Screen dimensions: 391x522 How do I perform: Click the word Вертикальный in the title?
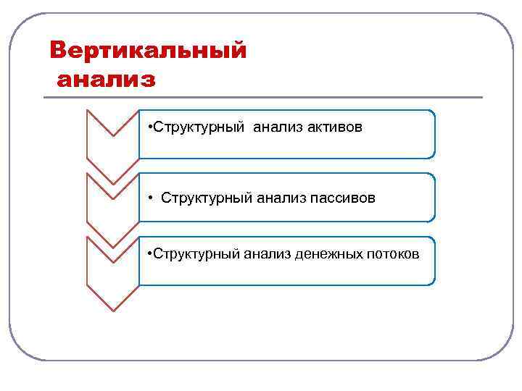[x=148, y=51]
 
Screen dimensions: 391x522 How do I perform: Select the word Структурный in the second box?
[x=207, y=197]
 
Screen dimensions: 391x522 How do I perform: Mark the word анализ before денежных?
[x=268, y=253]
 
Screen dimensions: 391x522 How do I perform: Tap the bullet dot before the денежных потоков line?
[x=148, y=254]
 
